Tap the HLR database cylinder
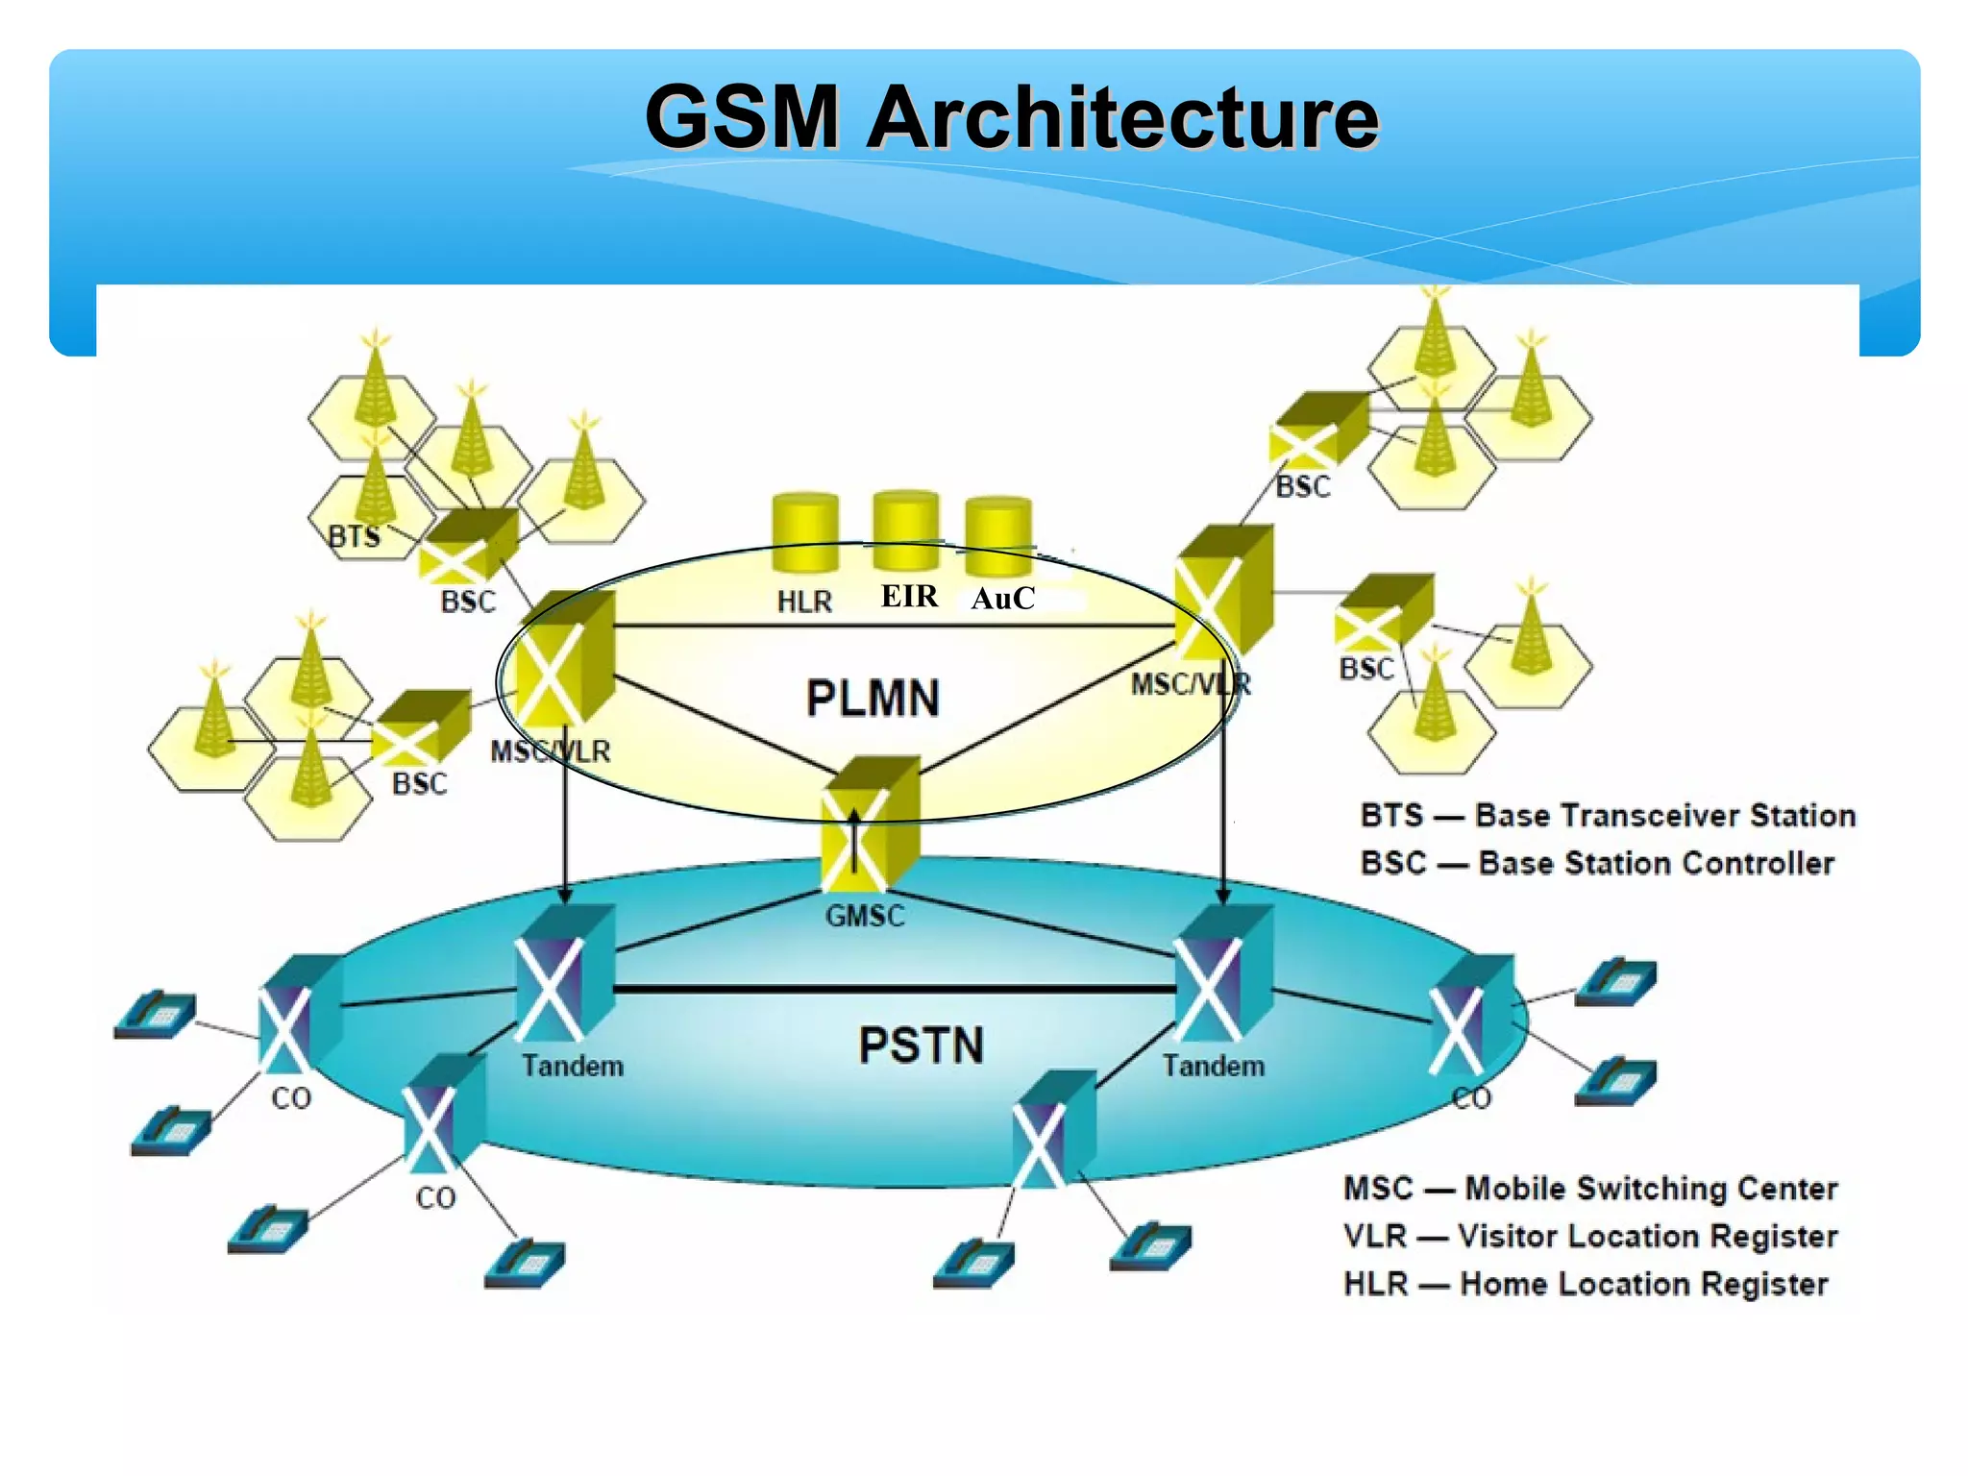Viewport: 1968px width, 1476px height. (805, 533)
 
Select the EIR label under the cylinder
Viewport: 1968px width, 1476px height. (909, 597)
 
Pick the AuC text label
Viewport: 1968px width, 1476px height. (1002, 599)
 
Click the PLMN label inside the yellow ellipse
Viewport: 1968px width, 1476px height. (873, 699)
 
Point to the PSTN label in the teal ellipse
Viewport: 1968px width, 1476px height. (921, 1045)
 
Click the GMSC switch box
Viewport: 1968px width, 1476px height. (869, 826)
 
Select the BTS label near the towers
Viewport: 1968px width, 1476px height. (354, 536)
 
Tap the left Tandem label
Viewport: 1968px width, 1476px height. (573, 1066)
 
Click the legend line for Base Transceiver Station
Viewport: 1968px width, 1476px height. (1607, 816)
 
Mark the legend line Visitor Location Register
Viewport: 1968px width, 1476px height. (1590, 1236)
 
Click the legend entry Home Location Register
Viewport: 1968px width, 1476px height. (1586, 1284)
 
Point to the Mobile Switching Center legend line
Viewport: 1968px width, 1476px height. (1590, 1189)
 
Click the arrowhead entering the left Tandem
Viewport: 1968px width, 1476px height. (565, 895)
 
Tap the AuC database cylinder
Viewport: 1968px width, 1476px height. (998, 535)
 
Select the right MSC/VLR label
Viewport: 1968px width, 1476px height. (1191, 684)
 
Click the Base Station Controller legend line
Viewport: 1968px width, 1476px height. (1597, 863)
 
